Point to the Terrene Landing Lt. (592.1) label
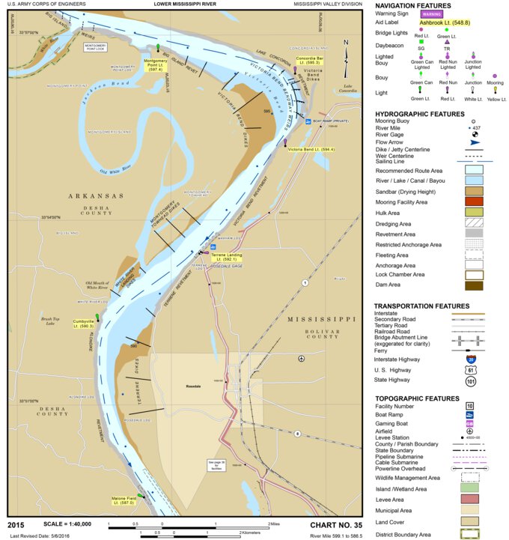coord(228,257)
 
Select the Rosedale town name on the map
coord(194,387)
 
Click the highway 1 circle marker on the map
coord(305,282)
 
